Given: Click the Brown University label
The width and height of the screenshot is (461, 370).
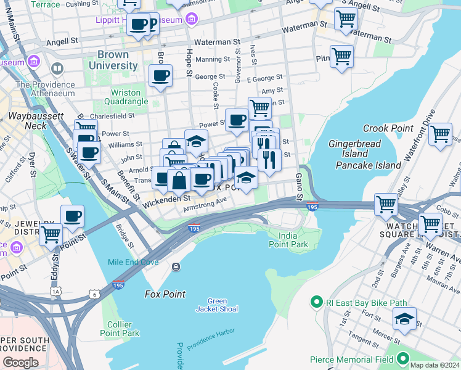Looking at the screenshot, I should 113,60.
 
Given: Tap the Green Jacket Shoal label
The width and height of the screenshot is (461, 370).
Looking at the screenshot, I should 218,305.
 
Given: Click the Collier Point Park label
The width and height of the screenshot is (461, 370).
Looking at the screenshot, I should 120,329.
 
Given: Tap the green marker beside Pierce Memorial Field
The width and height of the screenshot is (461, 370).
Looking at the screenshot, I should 403,358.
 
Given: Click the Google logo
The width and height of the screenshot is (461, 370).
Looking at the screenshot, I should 21,363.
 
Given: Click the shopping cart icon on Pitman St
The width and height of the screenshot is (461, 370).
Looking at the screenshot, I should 341,57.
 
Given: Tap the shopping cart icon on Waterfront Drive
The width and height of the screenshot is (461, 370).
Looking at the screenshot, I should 440,134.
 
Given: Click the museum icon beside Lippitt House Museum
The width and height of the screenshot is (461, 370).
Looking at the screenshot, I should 192,20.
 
